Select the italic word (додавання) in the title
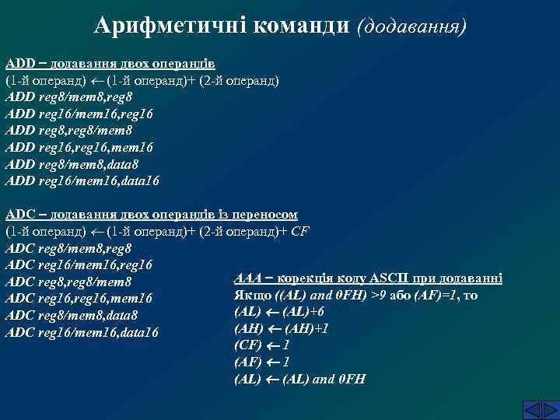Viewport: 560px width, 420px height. [411, 26]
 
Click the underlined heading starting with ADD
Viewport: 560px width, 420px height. [110, 63]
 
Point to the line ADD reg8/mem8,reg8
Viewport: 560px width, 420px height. [68, 97]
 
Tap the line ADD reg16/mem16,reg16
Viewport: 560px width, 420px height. [79, 114]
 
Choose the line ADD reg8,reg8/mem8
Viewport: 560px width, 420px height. [68, 131]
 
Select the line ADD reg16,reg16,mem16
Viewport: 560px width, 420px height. [79, 147]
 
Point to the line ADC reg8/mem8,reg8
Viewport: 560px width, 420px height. [68, 248]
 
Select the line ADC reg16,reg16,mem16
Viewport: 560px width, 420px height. [79, 299]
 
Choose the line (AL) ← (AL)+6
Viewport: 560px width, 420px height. [279, 312]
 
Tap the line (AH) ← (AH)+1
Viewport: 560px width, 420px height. [281, 328]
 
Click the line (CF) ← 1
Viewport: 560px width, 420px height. [262, 345]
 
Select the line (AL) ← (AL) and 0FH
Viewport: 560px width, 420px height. [299, 380]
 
